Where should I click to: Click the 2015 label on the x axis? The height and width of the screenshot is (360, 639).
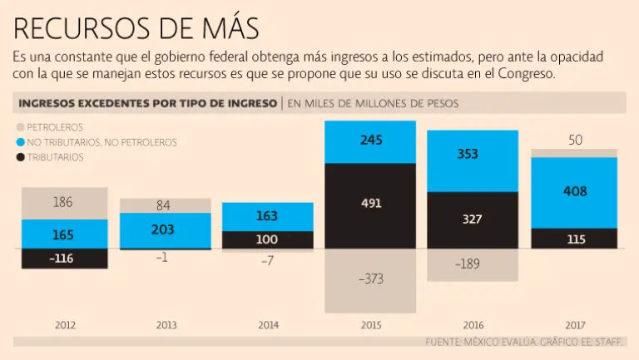(370, 324)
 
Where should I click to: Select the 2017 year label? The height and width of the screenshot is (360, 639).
(575, 324)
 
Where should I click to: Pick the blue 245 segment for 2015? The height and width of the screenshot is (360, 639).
(370, 141)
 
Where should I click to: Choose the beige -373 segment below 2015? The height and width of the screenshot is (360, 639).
(370, 279)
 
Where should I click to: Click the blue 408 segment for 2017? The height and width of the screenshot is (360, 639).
(575, 192)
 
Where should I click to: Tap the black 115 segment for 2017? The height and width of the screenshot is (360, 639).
(575, 239)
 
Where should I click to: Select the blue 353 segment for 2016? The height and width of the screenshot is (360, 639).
(473, 155)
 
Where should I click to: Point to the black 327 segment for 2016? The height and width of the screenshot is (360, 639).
(473, 219)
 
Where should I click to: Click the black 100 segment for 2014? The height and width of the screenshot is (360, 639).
(269, 239)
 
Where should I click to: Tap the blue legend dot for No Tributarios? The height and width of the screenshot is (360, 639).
(20, 142)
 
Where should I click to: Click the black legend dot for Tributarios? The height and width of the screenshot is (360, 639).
(20, 157)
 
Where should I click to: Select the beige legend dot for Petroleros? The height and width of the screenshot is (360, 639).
(20, 127)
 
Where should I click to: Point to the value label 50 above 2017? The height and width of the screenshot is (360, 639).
(575, 140)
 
